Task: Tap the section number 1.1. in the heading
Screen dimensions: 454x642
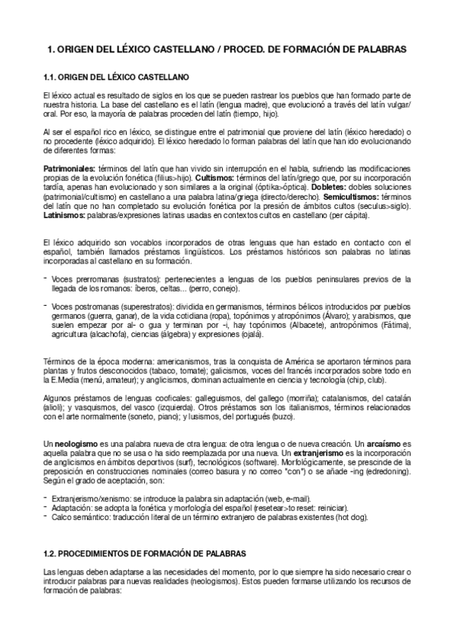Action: [51, 77]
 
